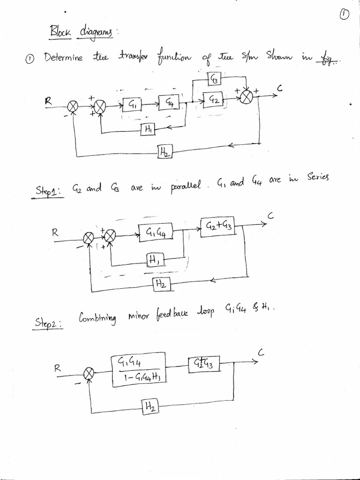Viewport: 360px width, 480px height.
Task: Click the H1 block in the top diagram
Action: tap(147, 130)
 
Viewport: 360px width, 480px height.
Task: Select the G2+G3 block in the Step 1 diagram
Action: tap(217, 226)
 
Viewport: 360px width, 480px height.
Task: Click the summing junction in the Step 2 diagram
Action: tap(89, 373)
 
